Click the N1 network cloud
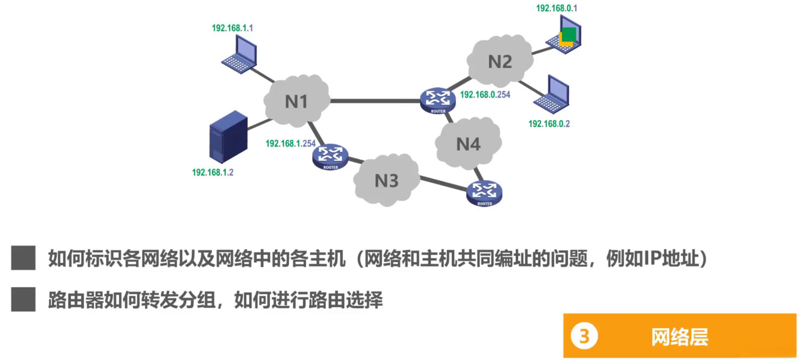point(297,101)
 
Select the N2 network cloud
point(500,61)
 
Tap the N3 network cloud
point(386,181)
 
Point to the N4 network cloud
point(468,144)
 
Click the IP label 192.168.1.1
point(232,28)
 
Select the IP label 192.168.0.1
point(557,8)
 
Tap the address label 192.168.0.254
point(485,95)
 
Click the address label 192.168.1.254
point(290,143)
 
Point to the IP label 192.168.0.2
point(549,124)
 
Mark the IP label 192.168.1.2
point(212,173)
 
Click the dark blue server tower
point(228,137)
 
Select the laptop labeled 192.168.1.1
point(240,55)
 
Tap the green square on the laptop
point(569,34)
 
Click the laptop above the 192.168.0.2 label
point(552,95)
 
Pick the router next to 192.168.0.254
point(437,101)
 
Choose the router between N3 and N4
point(484,193)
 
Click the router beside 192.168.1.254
point(330,157)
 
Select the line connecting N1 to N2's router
point(374,101)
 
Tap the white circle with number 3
point(584,336)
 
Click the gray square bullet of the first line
point(23,258)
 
